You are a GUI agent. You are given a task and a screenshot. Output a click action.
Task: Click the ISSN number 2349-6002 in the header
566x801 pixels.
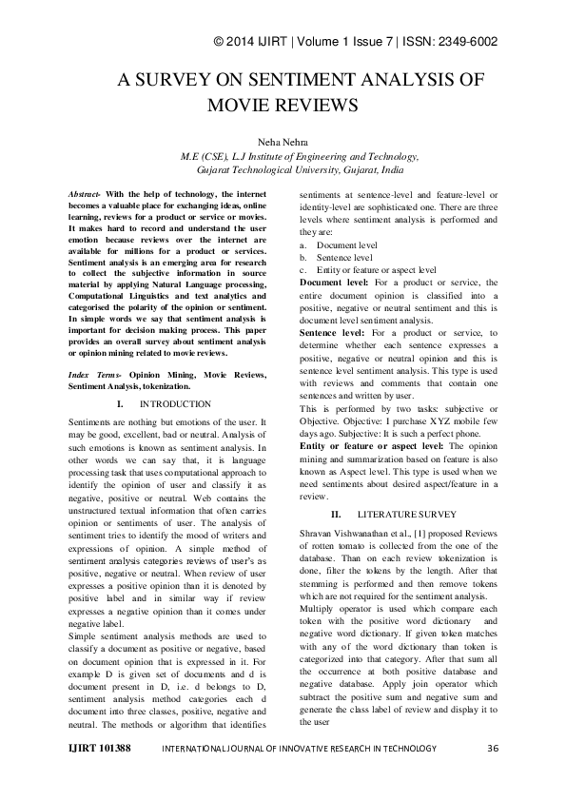(x=463, y=42)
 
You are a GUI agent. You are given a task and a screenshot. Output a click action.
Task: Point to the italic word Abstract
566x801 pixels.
(x=87, y=193)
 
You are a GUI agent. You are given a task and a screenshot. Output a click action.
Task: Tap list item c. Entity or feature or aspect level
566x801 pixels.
(x=367, y=269)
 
